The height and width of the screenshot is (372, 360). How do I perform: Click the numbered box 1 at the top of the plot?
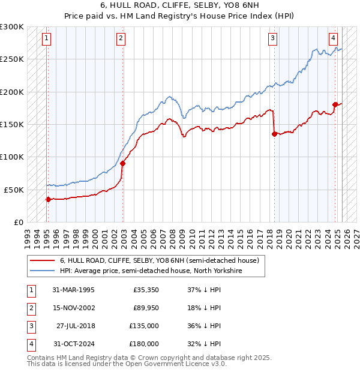(46, 38)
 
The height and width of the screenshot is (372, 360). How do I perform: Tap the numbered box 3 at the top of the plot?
(272, 38)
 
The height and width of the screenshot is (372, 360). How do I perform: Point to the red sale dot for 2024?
(335, 105)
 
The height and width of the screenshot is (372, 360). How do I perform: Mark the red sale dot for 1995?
(48, 199)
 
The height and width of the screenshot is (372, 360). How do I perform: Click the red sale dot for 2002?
(122, 163)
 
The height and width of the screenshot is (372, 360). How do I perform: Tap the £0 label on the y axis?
(17, 222)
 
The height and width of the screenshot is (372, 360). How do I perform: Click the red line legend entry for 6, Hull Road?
(159, 261)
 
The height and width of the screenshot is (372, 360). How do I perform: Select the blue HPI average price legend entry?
(150, 271)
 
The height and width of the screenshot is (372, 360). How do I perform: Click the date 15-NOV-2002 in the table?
(73, 308)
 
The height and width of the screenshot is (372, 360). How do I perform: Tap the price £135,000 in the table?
(145, 326)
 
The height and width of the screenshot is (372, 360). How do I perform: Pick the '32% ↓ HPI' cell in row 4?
(203, 344)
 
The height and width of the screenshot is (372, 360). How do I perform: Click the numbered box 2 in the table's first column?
(30, 308)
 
